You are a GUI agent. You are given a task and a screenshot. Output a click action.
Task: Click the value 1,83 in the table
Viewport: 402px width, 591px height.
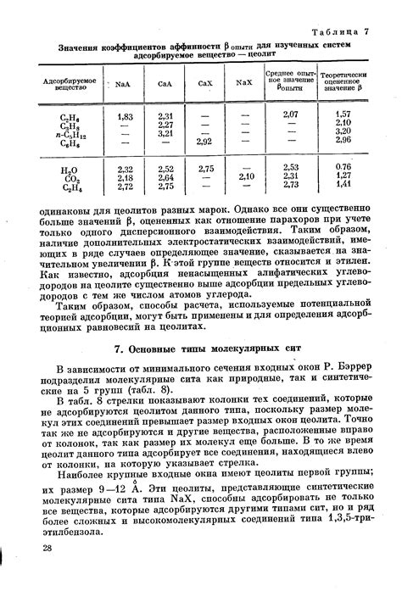click(x=125, y=115)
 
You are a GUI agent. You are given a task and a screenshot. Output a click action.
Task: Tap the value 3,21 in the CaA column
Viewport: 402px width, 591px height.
click(x=166, y=133)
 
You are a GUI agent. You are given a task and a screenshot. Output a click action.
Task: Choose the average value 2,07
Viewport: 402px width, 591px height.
click(x=290, y=114)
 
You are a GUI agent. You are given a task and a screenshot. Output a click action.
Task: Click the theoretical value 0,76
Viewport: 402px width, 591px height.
click(x=342, y=167)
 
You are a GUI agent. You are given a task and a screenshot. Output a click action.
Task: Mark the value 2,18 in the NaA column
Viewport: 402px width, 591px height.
click(x=125, y=177)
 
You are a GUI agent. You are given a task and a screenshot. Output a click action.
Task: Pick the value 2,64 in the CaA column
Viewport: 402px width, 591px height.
click(x=166, y=177)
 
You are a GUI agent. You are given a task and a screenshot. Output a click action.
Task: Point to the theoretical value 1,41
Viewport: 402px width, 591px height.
click(x=342, y=185)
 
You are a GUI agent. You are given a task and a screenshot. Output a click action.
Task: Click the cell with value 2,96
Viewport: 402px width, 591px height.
click(x=342, y=141)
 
